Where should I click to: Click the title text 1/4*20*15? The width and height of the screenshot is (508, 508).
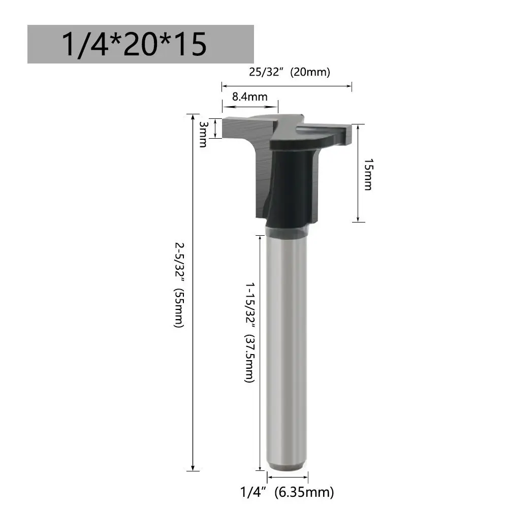tap(134, 44)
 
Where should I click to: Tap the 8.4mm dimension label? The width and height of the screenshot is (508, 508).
tap(249, 97)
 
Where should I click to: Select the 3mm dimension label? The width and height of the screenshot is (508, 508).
tap(203, 134)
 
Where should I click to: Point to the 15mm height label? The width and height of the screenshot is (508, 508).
tap(368, 174)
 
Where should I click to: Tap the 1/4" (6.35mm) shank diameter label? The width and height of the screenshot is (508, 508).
tap(287, 492)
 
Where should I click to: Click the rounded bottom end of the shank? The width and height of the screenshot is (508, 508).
tap(288, 466)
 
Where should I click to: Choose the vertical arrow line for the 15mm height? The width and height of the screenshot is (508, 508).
tap(358, 173)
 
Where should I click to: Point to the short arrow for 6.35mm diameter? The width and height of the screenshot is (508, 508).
tap(288, 477)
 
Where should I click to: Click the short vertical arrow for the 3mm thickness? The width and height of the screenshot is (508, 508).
tap(216, 128)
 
